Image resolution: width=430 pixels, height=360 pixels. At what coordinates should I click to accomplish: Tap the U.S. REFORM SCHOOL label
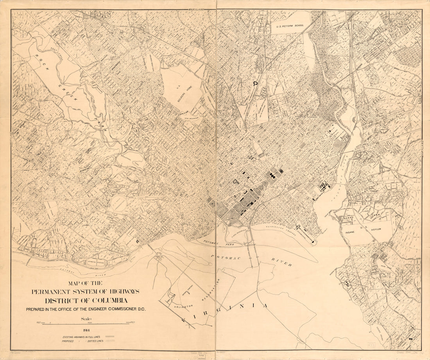pos(290,27)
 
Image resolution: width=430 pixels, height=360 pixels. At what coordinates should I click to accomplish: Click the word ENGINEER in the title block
pos(94,310)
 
